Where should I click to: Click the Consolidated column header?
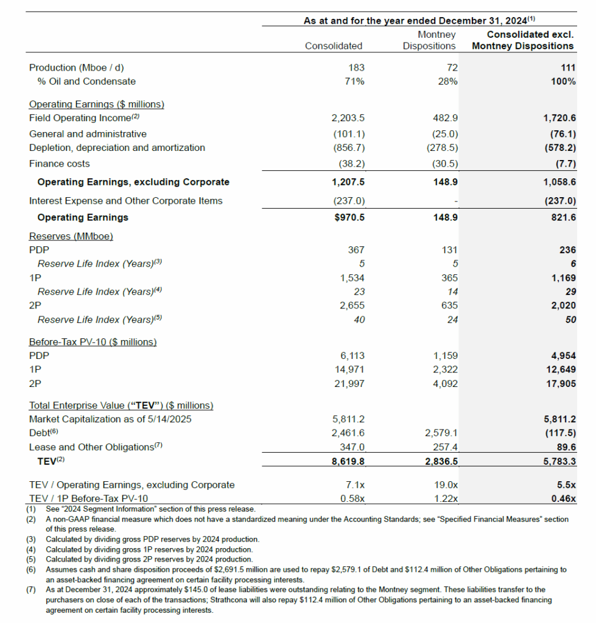pyautogui.click(x=333, y=46)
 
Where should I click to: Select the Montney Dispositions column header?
pyautogui.click(x=429, y=40)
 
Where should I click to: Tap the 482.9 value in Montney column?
pyautogui.click(x=445, y=118)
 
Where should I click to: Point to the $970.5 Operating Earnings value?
pyautogui.click(x=349, y=217)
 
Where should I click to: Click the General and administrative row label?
pyautogui.click(x=88, y=133)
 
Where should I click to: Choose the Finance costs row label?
pyautogui.click(x=59, y=164)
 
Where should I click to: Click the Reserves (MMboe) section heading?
pyautogui.click(x=71, y=235)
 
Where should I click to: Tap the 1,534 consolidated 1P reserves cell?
pyautogui.click(x=352, y=278)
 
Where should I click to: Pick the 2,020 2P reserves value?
pyautogui.click(x=563, y=305)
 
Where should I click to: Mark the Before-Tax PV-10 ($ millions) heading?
pyautogui.click(x=93, y=342)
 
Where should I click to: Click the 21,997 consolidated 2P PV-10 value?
pyautogui.click(x=349, y=384)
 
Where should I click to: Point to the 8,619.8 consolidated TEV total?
pyautogui.click(x=349, y=462)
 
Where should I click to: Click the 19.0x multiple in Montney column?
pyautogui.click(x=446, y=485)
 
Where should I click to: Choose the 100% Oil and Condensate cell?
pyautogui.click(x=564, y=82)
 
